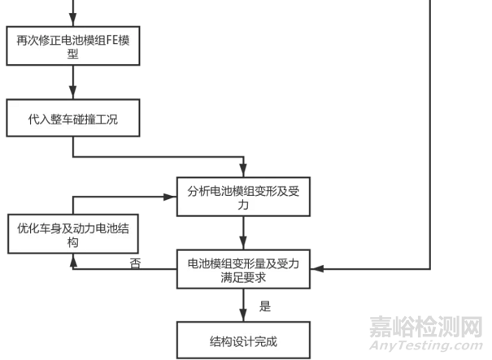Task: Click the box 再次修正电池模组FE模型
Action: click(x=73, y=46)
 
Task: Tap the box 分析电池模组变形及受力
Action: click(x=244, y=198)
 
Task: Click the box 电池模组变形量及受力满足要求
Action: click(x=244, y=271)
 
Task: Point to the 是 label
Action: click(x=264, y=306)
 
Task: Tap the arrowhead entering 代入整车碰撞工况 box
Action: click(x=73, y=95)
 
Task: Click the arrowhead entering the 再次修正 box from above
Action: click(x=73, y=22)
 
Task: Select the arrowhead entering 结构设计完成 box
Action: click(x=244, y=318)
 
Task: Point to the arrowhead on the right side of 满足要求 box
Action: click(x=316, y=268)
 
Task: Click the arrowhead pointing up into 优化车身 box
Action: click(x=73, y=258)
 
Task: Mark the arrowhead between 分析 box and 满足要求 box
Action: click(x=244, y=246)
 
